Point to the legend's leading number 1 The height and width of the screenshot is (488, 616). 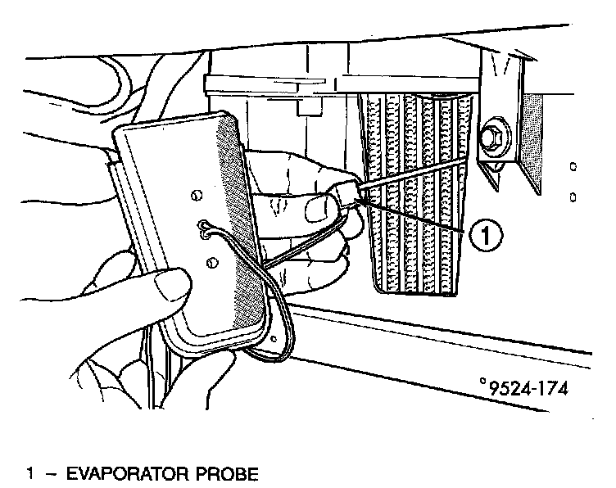point(30,474)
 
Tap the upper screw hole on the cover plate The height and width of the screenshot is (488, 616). point(195,195)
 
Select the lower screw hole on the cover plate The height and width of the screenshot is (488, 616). point(211,261)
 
